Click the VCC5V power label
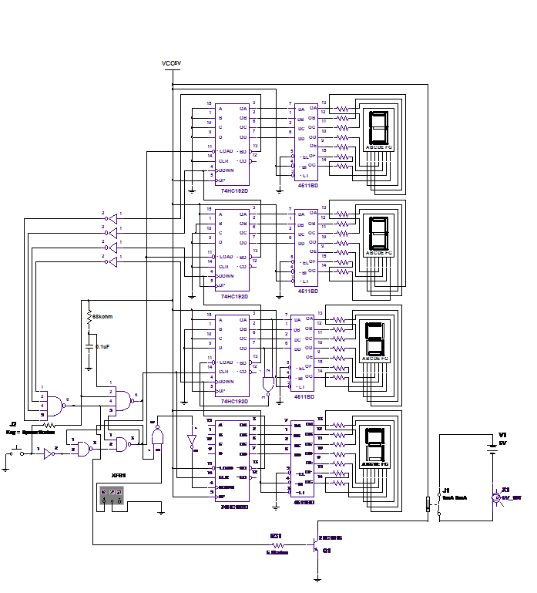coord(171,63)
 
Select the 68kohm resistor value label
coord(103,316)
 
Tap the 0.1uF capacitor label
coord(101,346)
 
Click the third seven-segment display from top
coord(374,338)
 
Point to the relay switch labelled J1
coord(428,504)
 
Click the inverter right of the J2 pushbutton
coord(48,455)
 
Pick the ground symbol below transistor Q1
coord(316,577)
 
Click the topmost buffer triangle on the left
coord(112,217)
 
